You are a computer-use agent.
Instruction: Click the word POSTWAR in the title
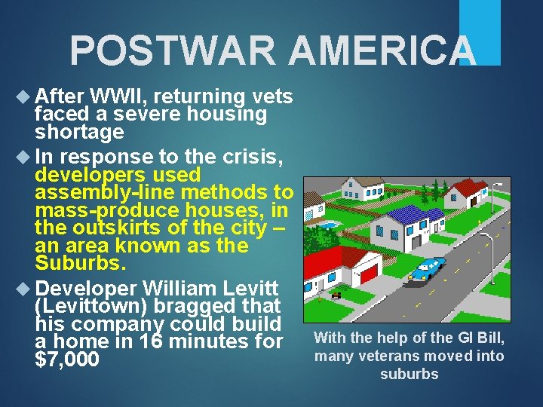click(174, 51)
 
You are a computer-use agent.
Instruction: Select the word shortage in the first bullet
click(79, 132)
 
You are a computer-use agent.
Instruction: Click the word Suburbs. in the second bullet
click(81, 264)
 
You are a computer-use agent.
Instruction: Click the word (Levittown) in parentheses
click(94, 307)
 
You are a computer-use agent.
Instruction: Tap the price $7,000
click(67, 360)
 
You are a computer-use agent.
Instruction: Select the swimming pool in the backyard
click(327, 225)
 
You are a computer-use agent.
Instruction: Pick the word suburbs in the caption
click(409, 374)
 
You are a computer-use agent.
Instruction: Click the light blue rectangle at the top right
click(480, 32)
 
